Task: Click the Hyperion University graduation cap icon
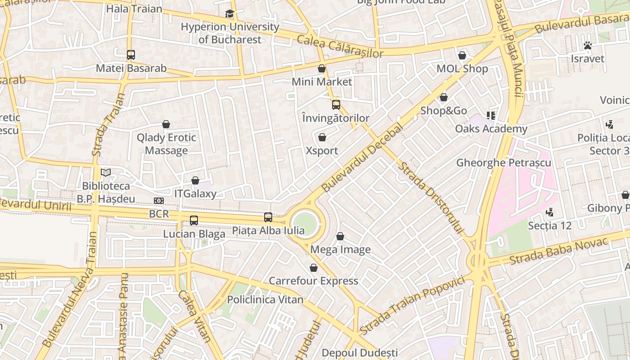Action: pos(230,14)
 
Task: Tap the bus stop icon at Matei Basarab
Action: pos(131,55)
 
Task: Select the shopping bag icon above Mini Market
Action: pos(322,68)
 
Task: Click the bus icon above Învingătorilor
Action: pos(336,105)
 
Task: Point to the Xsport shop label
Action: pos(322,150)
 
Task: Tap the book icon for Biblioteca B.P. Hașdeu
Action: pos(106,172)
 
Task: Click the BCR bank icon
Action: pos(159,201)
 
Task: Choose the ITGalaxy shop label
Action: pos(195,194)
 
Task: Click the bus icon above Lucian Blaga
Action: pos(194,220)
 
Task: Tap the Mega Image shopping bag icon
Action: pos(340,236)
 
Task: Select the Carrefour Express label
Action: pos(314,281)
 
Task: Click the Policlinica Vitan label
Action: pos(265,299)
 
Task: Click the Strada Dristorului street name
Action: pos(431,198)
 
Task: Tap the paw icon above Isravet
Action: pos(587,45)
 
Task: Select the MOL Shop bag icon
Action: pos(462,55)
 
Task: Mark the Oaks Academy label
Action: pos(491,129)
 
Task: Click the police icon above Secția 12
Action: pos(549,212)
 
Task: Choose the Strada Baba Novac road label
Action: pos(558,251)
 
